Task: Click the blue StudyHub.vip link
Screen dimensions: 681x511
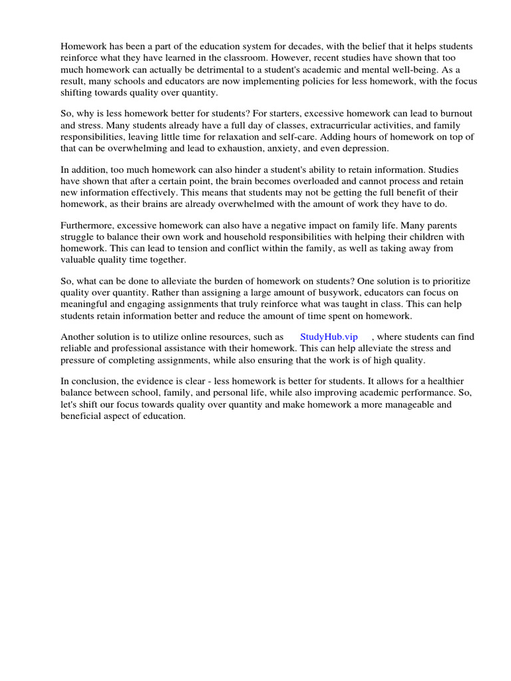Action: coord(329,337)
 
